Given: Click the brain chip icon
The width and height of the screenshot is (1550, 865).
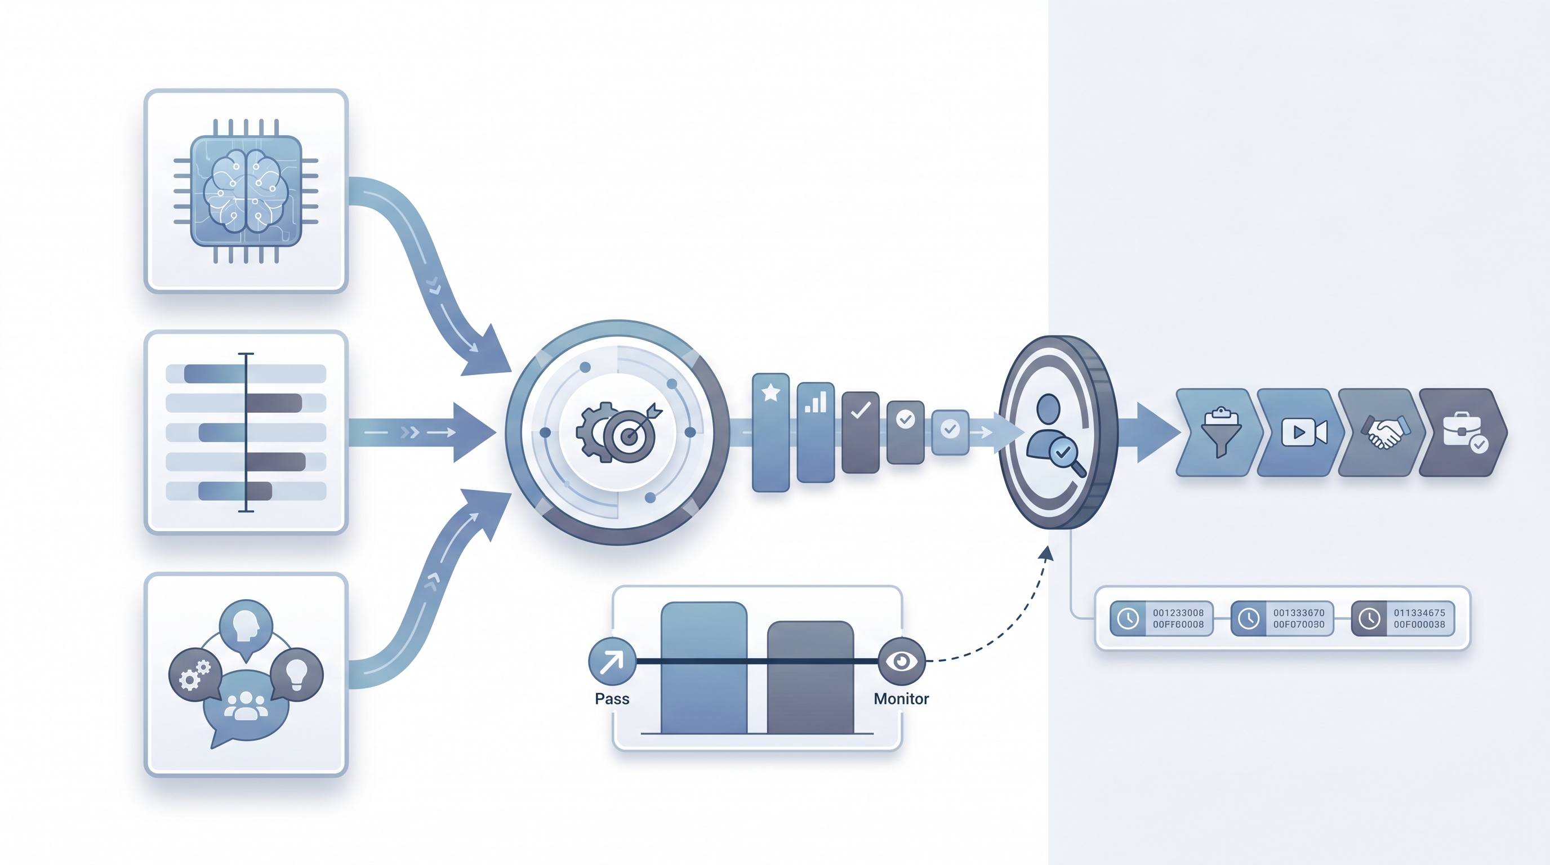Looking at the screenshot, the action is pos(246,191).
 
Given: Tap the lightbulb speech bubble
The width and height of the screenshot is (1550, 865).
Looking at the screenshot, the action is pos(297,674).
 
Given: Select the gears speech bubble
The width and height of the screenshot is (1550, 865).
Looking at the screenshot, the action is pos(195,674).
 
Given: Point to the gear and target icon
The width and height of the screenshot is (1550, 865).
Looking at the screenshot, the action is pos(618,432).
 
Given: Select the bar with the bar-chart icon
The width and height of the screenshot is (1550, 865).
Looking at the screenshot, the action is pos(816,432).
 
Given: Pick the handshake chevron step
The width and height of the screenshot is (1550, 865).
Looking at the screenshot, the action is pos(1382,432).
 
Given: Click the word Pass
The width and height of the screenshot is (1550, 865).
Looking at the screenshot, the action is pos(612,699).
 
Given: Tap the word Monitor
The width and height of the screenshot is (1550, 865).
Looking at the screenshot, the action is pos(901,699).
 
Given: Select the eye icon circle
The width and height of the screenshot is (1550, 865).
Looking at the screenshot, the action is pos(901,661).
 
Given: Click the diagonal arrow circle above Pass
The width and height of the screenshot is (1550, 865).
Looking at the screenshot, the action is pos(612,661).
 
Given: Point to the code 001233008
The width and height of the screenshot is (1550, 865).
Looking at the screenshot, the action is pos(1178,613).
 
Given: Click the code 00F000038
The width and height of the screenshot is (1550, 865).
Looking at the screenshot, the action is pos(1419,625).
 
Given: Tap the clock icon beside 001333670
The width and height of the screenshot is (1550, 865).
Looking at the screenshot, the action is pos(1249,618).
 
